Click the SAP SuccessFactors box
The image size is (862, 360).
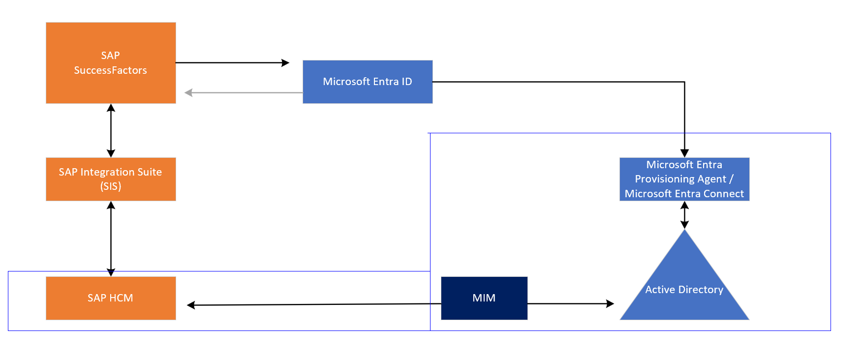tap(111, 62)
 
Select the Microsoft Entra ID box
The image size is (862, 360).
tap(367, 82)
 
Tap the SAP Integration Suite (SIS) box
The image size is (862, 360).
tap(111, 179)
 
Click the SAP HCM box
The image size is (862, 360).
tap(111, 298)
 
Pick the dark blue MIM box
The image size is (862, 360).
tap(484, 298)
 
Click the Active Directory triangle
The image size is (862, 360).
tap(684, 285)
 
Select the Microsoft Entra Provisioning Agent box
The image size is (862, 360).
tap(684, 179)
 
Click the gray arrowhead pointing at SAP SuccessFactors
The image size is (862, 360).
tap(188, 92)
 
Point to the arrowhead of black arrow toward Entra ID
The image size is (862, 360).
tap(285, 63)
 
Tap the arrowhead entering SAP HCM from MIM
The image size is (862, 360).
tap(191, 305)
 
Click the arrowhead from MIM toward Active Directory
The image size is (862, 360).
tap(610, 304)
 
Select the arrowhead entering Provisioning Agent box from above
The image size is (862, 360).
tap(684, 153)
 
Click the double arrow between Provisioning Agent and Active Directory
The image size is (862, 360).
tap(684, 215)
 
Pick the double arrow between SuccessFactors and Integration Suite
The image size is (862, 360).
tap(111, 130)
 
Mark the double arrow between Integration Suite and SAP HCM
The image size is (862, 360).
tap(111, 239)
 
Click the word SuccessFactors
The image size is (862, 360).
tap(111, 70)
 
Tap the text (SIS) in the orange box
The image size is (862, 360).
tap(111, 186)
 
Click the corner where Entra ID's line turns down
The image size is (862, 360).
tap(684, 82)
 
